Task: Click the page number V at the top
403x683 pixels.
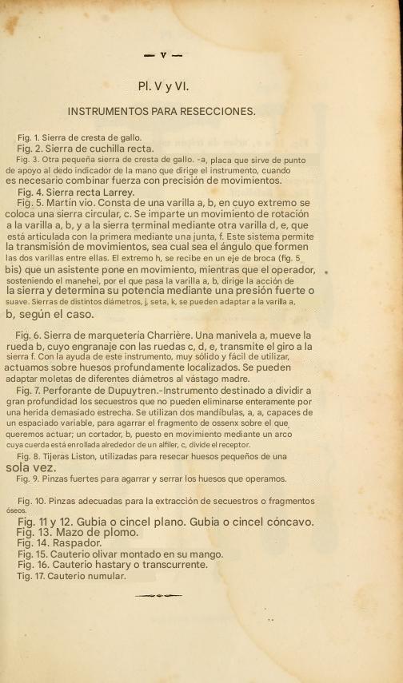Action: click(x=162, y=55)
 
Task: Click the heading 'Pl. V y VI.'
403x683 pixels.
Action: click(x=162, y=85)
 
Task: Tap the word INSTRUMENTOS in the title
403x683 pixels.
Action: click(x=109, y=111)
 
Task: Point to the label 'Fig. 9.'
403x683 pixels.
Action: click(x=30, y=479)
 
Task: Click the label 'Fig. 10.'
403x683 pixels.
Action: click(x=33, y=501)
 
